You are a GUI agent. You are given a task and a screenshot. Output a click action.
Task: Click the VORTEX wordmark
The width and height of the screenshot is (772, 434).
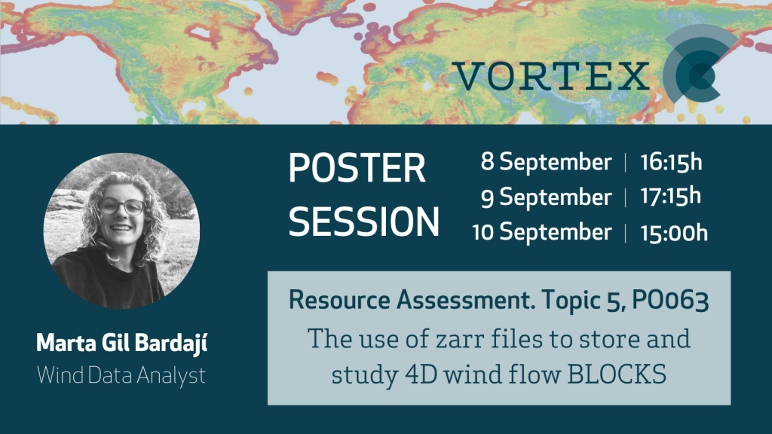pos(550,76)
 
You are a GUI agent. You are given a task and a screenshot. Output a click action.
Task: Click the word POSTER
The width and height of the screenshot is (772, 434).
pos(357,168)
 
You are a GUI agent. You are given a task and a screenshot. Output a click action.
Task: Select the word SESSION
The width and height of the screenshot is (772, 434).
pos(363,222)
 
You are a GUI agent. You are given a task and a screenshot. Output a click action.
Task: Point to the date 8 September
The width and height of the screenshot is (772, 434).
pos(546,163)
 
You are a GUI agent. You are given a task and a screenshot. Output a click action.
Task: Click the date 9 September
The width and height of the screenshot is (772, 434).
pos(546,197)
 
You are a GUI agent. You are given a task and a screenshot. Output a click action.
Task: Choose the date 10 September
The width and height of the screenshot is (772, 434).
pos(541,232)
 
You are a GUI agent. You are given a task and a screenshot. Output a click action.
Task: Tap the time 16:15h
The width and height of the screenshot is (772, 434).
pos(671,163)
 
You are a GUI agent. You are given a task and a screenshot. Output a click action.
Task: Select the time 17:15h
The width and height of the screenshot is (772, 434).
pos(670,197)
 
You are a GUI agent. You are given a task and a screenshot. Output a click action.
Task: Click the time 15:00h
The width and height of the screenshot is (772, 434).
pos(673,233)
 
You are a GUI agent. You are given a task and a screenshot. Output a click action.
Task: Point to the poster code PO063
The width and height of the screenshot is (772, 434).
pos(670,301)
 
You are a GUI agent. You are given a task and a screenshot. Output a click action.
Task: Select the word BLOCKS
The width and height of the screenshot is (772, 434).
pos(617,375)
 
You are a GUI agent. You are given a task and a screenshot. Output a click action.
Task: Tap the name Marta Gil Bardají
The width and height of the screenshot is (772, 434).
pos(121,344)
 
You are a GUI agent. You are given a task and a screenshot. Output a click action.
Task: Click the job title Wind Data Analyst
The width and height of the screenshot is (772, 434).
pos(121,376)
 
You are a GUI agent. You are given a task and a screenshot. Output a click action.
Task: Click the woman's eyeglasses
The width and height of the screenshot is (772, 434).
pos(121,206)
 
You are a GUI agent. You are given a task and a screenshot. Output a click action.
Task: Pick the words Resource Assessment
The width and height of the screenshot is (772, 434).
pos(412,300)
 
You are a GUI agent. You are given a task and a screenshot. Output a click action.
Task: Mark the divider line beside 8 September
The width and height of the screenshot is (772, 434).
pos(626,163)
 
